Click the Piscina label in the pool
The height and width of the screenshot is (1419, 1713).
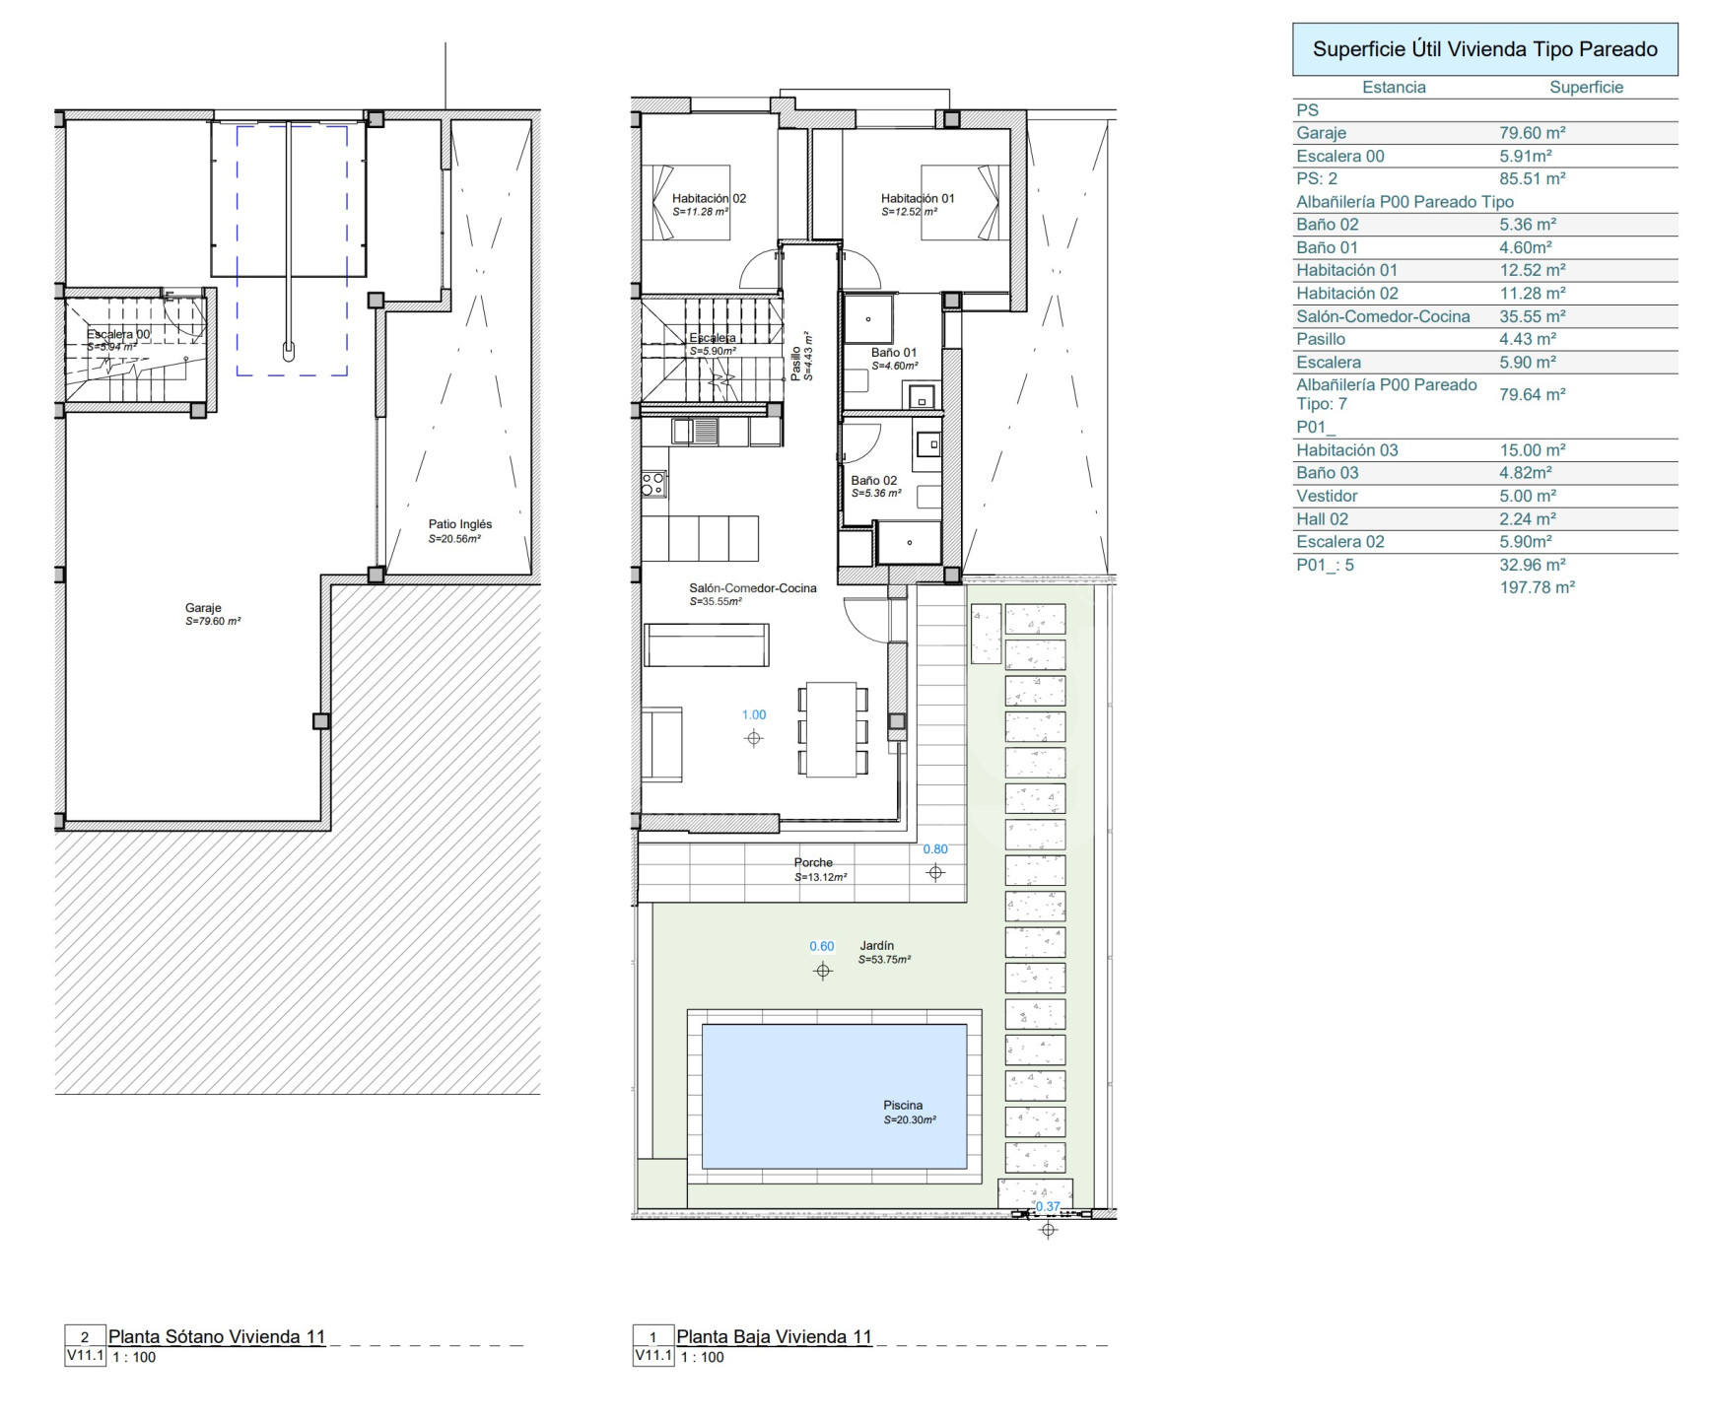click(x=903, y=1105)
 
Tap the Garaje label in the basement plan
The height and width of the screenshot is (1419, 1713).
click(x=203, y=608)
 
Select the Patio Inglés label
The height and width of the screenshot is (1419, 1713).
click(x=460, y=524)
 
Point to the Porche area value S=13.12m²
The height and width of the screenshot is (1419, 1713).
click(x=821, y=877)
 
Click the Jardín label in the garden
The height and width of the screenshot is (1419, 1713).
click(x=876, y=945)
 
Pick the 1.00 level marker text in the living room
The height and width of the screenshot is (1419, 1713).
click(x=754, y=715)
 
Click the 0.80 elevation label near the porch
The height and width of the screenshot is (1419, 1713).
click(x=935, y=849)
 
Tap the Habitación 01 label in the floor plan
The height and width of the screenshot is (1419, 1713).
click(x=918, y=198)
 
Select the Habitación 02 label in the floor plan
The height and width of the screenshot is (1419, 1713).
click(x=710, y=198)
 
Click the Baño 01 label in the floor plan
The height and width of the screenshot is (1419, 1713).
click(x=894, y=352)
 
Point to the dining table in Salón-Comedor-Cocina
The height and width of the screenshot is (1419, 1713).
click(x=831, y=730)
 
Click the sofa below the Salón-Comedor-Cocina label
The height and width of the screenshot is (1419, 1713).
click(x=707, y=644)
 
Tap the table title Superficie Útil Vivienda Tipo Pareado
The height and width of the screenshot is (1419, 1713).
click(x=1485, y=49)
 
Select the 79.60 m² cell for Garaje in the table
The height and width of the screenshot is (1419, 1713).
click(x=1533, y=133)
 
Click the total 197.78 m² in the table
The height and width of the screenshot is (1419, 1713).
click(x=1538, y=587)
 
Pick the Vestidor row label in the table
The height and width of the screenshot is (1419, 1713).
click(x=1327, y=496)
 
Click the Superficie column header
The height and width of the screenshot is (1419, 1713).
click(x=1586, y=87)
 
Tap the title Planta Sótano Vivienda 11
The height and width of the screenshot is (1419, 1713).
click(x=217, y=1337)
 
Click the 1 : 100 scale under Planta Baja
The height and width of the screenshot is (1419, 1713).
click(x=703, y=1358)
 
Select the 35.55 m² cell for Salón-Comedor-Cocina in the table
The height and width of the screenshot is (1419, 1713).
click(x=1533, y=316)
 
